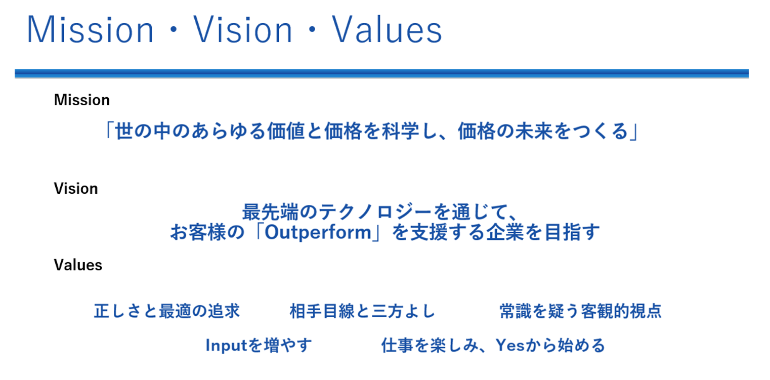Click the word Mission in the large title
(91, 29)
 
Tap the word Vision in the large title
(243, 29)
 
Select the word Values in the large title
(387, 29)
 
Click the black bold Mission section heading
(82, 100)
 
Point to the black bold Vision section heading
(76, 188)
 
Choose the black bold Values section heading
(78, 265)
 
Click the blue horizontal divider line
(381, 73)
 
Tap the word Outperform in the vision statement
(318, 232)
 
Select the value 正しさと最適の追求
(167, 311)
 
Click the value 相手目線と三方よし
(363, 311)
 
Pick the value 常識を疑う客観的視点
(581, 311)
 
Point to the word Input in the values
(226, 345)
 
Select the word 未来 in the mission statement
(534, 131)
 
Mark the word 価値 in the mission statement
(286, 131)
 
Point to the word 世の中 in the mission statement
(143, 131)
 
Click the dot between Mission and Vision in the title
(174, 30)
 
